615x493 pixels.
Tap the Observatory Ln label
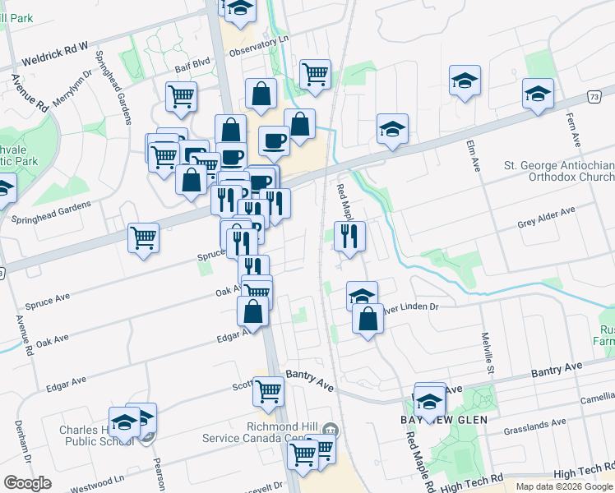pyautogui.click(x=261, y=52)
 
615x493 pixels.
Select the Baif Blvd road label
pyautogui.click(x=192, y=71)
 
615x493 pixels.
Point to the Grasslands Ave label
pyautogui.click(x=536, y=424)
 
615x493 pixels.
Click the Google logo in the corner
pyautogui.click(x=27, y=483)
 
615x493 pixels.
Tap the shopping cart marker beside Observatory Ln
pyautogui.click(x=315, y=74)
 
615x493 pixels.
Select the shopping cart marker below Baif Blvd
pyautogui.click(x=181, y=95)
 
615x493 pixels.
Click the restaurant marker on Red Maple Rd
pyautogui.click(x=349, y=237)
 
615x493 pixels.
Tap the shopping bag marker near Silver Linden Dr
pyautogui.click(x=368, y=320)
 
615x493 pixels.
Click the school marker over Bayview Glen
pyautogui.click(x=429, y=402)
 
